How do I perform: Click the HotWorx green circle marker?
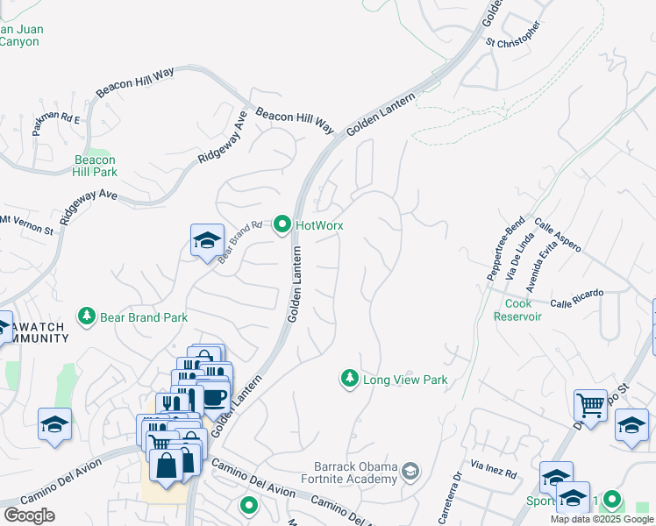tap(282, 225)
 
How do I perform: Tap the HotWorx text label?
tap(318, 225)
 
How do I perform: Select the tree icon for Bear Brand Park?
tap(86, 316)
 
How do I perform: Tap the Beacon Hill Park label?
tap(96, 166)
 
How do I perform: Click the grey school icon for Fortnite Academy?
tap(410, 473)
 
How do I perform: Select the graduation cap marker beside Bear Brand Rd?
tap(207, 240)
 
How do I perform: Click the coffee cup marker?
tap(215, 395)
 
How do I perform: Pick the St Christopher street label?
tap(512, 32)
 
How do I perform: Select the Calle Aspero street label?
tap(557, 236)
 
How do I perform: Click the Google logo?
tap(29, 515)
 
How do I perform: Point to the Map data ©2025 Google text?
tap(602, 519)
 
